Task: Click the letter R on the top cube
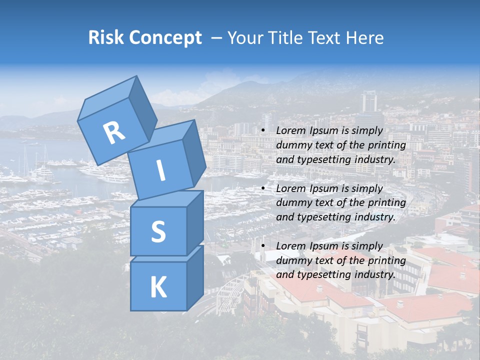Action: coord(114,132)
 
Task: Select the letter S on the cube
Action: coord(158,231)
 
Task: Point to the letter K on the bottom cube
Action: coord(158,287)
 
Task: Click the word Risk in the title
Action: coord(106,38)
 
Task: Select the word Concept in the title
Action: coord(165,38)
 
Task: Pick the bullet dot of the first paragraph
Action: coord(263,131)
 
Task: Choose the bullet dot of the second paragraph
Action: coord(263,188)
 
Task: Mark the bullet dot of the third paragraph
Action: coord(263,246)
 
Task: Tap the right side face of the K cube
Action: coord(195,277)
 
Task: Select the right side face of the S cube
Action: coord(195,222)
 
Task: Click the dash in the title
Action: coord(217,38)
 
